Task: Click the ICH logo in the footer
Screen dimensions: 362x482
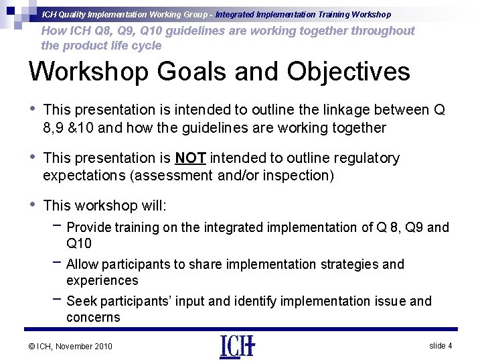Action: tap(236, 345)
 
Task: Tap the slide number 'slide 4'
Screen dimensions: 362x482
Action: tap(440, 345)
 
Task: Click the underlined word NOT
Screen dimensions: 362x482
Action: tap(190, 158)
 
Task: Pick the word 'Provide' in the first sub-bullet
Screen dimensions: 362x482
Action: tap(88, 228)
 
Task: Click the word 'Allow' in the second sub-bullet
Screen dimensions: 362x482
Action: tap(83, 264)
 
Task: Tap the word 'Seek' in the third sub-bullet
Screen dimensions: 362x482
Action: tap(81, 301)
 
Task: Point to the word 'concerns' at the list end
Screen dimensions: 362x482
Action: tap(93, 317)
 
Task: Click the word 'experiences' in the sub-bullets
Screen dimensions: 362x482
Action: tap(102, 280)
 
